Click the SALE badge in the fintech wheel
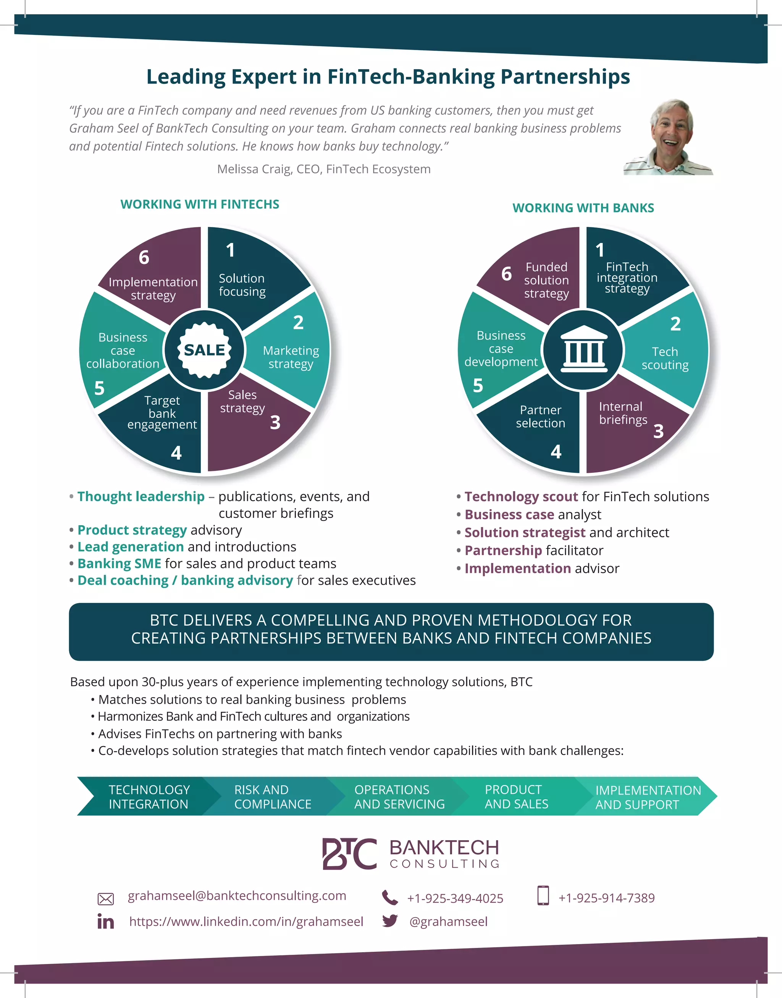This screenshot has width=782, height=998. [204, 350]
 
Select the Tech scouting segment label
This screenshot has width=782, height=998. [665, 358]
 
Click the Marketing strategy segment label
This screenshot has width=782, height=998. [291, 357]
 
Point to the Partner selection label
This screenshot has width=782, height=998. [540, 417]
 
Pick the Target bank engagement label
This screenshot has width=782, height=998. [162, 412]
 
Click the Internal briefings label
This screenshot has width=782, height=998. [623, 413]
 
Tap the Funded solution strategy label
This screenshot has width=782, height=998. [546, 280]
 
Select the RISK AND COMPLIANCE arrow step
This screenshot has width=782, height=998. [272, 797]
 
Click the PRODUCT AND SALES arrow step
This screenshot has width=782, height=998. [516, 797]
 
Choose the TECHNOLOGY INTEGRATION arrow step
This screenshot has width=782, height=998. [149, 797]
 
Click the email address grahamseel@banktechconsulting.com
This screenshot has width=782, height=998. [237, 896]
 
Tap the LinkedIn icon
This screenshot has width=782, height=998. [105, 922]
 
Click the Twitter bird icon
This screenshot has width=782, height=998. [390, 920]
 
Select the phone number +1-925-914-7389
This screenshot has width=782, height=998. [606, 898]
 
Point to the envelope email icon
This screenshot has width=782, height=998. [105, 899]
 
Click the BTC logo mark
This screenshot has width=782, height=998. [349, 854]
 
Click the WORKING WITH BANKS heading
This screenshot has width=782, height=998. [583, 208]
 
